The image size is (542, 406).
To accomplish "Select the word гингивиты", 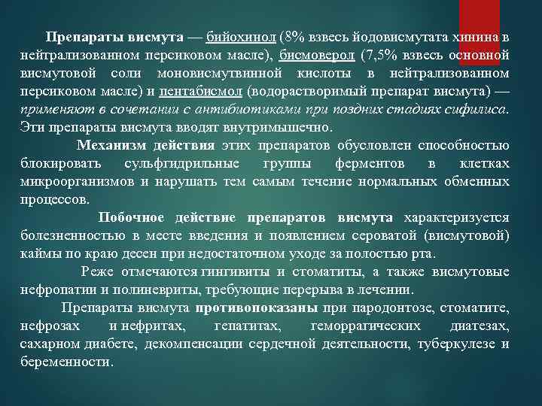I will [234, 271].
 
